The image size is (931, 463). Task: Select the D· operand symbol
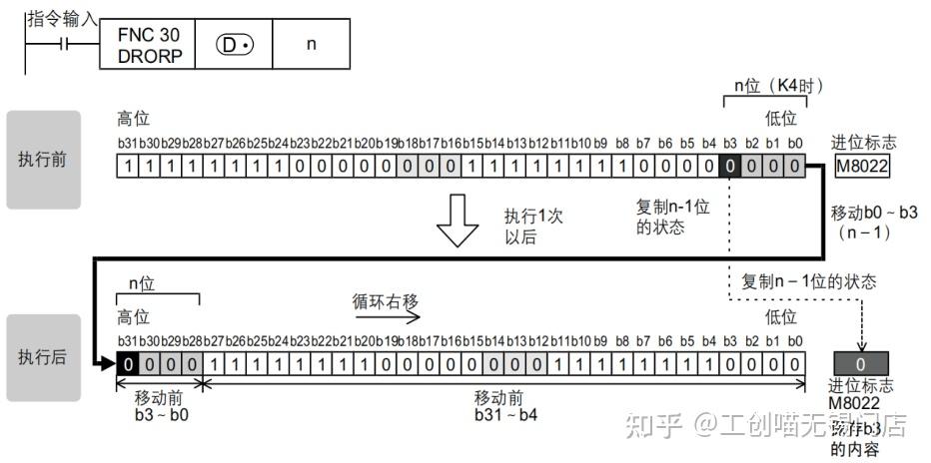pyautogui.click(x=232, y=45)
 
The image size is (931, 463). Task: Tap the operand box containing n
pyautogui.click(x=311, y=45)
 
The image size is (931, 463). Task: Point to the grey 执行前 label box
pyautogui.click(x=44, y=160)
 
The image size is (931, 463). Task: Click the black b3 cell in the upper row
pyautogui.click(x=729, y=169)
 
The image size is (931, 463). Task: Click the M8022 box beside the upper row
pyautogui.click(x=863, y=168)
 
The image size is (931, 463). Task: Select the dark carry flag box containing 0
pyautogui.click(x=860, y=362)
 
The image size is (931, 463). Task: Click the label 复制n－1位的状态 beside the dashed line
pyautogui.click(x=809, y=281)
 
